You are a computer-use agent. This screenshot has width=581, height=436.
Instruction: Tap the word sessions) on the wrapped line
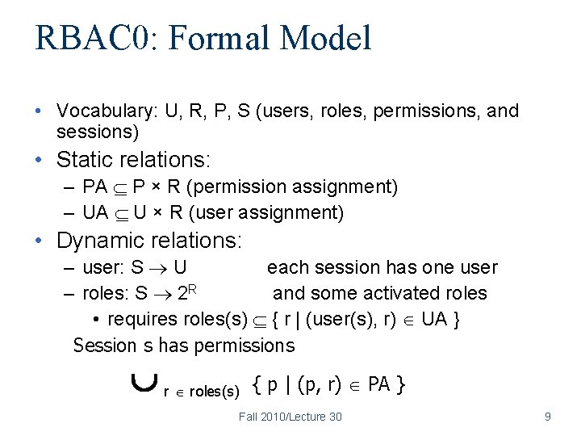point(98,131)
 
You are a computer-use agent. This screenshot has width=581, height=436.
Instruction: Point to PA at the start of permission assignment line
point(94,187)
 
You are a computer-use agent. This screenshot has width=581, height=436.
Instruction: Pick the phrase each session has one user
point(382,267)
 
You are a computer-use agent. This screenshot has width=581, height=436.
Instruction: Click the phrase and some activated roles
point(379,293)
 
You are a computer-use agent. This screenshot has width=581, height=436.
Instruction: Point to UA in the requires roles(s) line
point(434,319)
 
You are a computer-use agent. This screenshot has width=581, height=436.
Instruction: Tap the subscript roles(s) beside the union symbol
point(214,392)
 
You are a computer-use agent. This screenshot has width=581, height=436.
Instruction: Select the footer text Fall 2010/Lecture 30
point(290,417)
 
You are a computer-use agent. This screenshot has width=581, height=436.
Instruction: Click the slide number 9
point(548,417)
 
